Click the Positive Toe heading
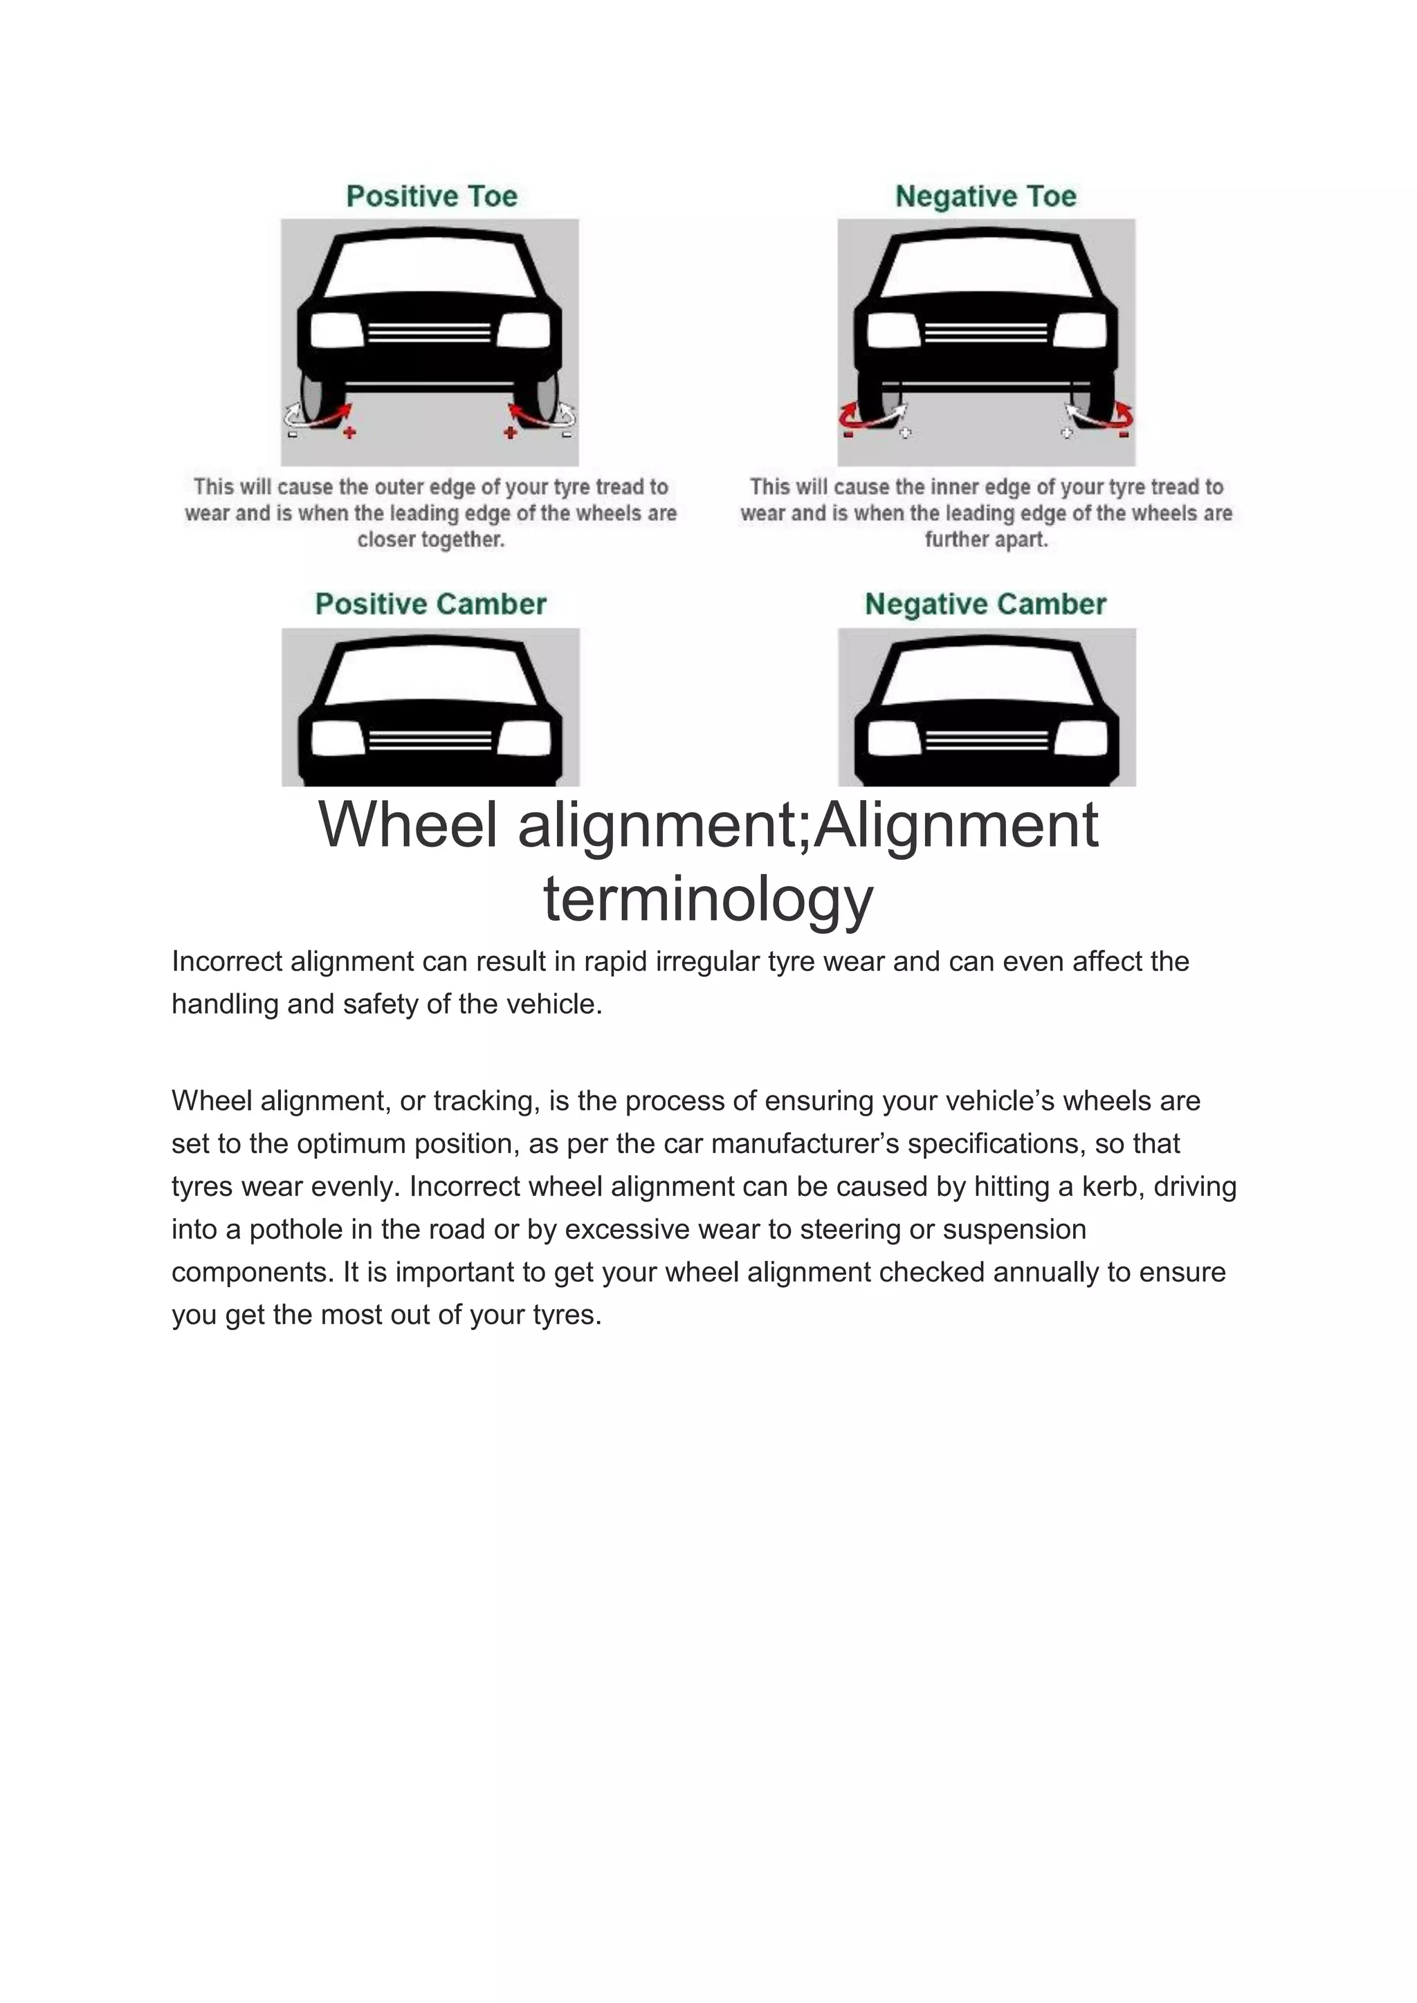(x=431, y=196)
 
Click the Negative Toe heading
(x=986, y=196)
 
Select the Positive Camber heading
(x=430, y=604)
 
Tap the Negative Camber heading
(x=985, y=604)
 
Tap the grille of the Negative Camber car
(x=987, y=741)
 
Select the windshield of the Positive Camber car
(x=430, y=674)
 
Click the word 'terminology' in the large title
(x=708, y=899)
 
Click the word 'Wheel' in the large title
(x=408, y=825)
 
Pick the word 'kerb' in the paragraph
(x=1110, y=1186)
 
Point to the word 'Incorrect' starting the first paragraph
(x=227, y=961)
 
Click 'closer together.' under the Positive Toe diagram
(x=431, y=540)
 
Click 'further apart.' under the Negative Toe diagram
(x=986, y=540)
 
